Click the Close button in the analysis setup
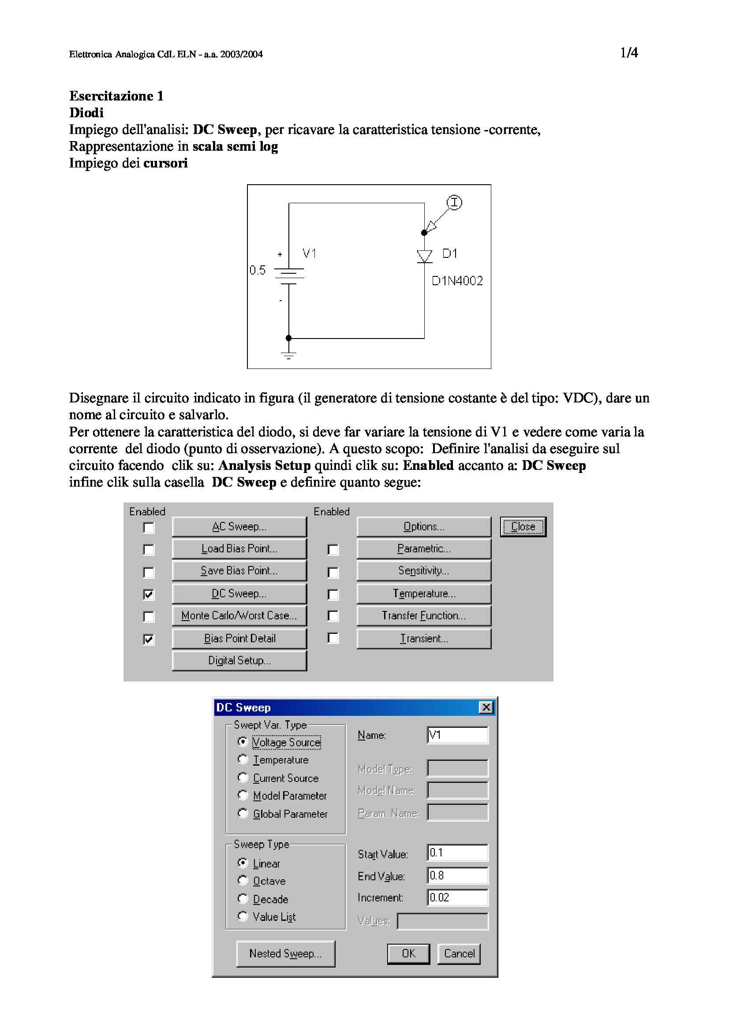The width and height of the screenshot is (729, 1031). (523, 526)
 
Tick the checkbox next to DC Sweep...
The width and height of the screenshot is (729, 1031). (149, 594)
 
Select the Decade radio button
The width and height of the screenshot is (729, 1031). (243, 898)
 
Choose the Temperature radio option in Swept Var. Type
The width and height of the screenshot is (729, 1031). (243, 759)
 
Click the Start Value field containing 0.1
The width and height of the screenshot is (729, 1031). (457, 853)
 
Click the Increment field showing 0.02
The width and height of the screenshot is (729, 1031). (457, 897)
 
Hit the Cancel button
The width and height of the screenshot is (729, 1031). (459, 953)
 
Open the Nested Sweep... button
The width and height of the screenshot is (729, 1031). (285, 953)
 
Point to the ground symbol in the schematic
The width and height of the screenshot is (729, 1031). (289, 355)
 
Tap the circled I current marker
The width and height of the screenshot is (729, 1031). (455, 202)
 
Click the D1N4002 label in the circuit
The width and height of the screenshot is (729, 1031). (457, 281)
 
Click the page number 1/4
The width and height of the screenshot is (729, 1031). (629, 53)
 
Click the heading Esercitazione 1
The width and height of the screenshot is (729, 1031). (116, 96)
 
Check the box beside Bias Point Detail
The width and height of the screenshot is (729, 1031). (149, 639)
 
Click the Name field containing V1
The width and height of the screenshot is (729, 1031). (457, 735)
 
